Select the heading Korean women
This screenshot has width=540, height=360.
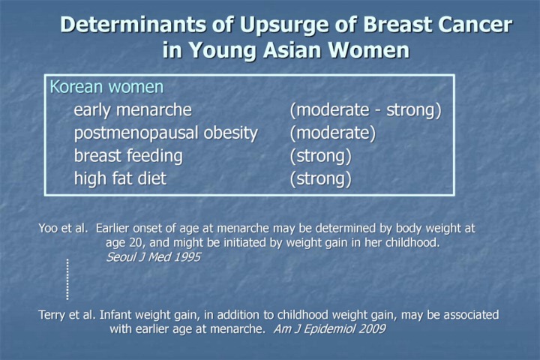pyautogui.click(x=106, y=87)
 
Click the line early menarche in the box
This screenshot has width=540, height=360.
pyautogui.click(x=133, y=110)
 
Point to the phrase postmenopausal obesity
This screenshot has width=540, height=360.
pyautogui.click(x=166, y=133)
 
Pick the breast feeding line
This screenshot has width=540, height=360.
pyautogui.click(x=128, y=156)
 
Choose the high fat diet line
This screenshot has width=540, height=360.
pyautogui.click(x=120, y=178)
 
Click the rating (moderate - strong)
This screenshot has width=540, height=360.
pyautogui.click(x=365, y=110)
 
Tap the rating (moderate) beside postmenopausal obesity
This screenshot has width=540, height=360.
pyautogui.click(x=333, y=133)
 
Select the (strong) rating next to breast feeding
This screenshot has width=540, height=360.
pyautogui.click(x=321, y=157)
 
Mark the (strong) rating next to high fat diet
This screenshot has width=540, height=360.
pyautogui.click(x=321, y=179)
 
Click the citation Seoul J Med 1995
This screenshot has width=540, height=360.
pyautogui.click(x=153, y=257)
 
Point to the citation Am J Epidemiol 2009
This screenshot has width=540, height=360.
pyautogui.click(x=329, y=328)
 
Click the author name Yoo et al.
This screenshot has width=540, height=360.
pyautogui.click(x=63, y=228)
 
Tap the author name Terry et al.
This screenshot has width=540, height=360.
pyautogui.click(x=67, y=314)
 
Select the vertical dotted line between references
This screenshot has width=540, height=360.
pyautogui.click(x=67, y=280)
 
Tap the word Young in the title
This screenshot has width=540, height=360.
pyautogui.click(x=223, y=50)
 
